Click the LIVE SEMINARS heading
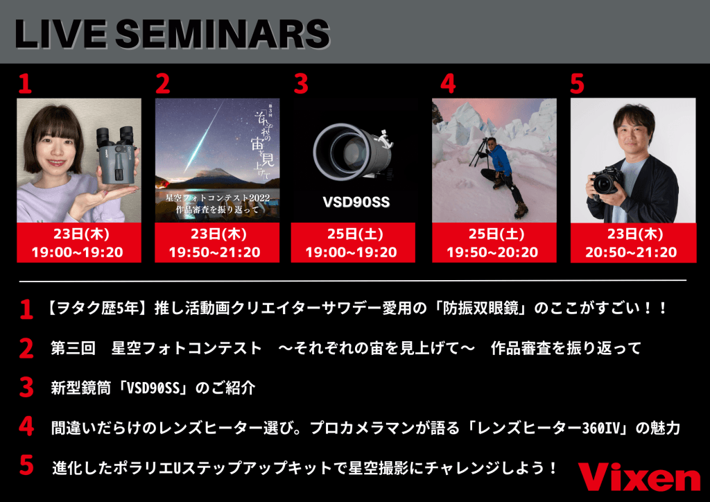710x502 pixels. point(172,33)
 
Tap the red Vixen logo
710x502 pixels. point(639,478)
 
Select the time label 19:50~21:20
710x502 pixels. point(217,252)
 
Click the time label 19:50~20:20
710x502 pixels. point(492,252)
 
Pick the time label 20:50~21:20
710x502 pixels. point(632,252)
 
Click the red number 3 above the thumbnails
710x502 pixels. point(300,84)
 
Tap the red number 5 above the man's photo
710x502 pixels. point(577,84)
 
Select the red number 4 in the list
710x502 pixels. point(26,426)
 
